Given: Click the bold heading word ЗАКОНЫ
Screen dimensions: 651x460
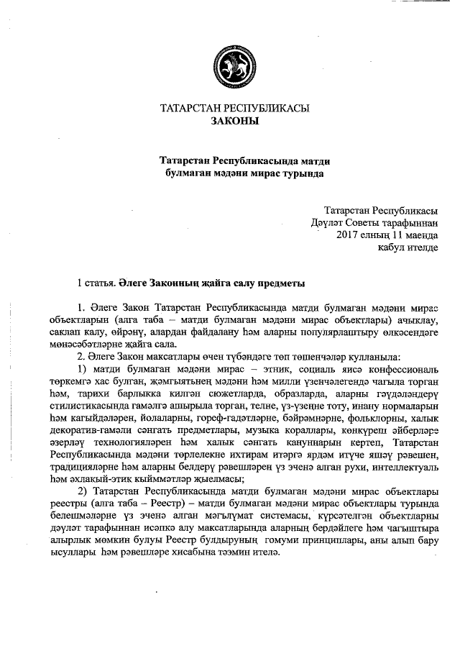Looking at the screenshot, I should click(x=234, y=121).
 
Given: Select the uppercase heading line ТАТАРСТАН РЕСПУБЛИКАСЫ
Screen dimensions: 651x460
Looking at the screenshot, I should click(x=234, y=109).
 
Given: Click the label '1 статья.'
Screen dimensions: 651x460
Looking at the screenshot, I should click(x=96, y=283).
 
